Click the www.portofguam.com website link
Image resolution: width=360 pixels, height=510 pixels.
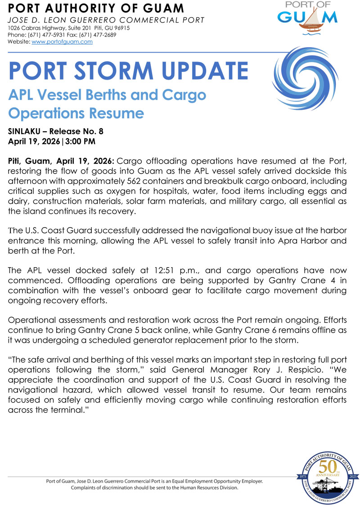click(x=62, y=41)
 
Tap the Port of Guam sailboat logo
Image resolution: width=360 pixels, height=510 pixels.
click(x=307, y=18)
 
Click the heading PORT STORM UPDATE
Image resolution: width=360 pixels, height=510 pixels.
click(x=128, y=71)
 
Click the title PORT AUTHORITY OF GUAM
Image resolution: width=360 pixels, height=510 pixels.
click(x=96, y=8)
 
